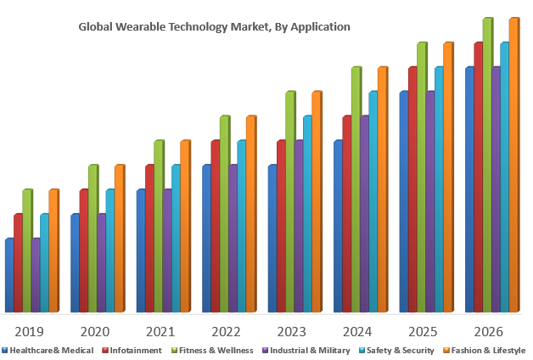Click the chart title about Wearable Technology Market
tap(214, 27)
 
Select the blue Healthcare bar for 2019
tap(9, 276)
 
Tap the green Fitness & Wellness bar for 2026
tap(486, 166)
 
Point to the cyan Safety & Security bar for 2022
tap(241, 227)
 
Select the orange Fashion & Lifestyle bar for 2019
tap(53, 251)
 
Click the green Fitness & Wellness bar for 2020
tap(93, 239)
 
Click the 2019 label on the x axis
tap(30, 331)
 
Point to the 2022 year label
tap(226, 331)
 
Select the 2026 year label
tap(488, 331)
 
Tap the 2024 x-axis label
tap(356, 331)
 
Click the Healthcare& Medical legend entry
tap(50, 350)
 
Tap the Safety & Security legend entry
tap(400, 350)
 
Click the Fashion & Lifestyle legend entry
tap(487, 350)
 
